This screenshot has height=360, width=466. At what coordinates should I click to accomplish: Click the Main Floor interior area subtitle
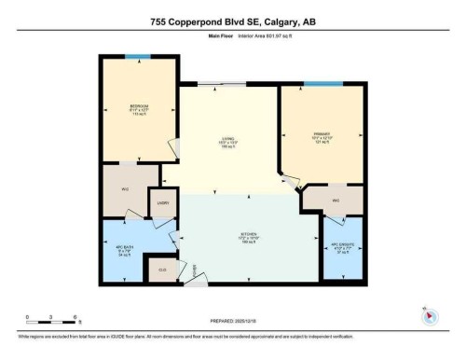point(232,38)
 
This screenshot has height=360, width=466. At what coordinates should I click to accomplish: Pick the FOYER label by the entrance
point(195,271)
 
